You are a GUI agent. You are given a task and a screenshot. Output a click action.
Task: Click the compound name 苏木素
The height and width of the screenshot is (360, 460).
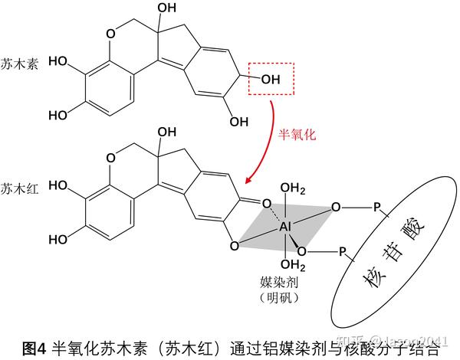(17, 58)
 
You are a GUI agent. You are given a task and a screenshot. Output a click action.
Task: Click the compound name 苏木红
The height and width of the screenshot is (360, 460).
(17, 187)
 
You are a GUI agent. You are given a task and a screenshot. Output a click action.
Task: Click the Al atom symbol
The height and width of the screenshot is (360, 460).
(285, 227)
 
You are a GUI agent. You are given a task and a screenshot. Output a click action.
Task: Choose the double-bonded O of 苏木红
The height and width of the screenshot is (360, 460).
(267, 204)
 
